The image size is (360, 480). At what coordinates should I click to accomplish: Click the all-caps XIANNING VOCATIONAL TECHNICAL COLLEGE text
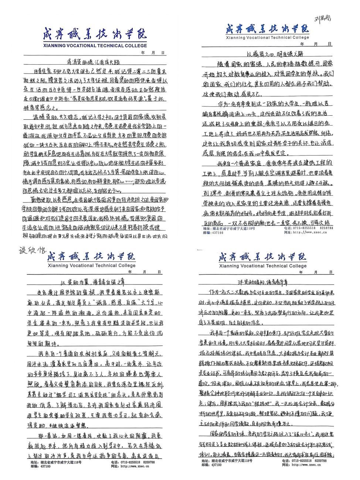95,46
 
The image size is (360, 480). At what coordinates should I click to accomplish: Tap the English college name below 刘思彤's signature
267,38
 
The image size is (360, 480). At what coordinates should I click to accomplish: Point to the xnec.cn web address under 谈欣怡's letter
134,466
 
